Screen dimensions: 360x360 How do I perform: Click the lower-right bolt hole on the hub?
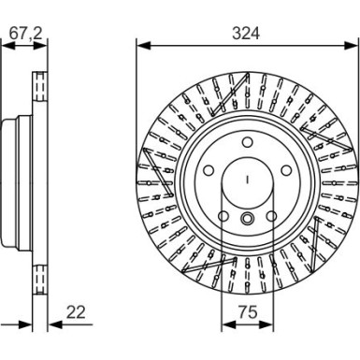coord(270,217)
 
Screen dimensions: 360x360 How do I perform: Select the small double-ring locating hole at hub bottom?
coord(247,220)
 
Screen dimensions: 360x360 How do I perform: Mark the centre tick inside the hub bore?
coord(247,180)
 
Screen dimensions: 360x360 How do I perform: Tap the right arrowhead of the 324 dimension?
coord(353,43)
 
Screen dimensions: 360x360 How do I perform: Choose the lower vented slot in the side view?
coord(40,279)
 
